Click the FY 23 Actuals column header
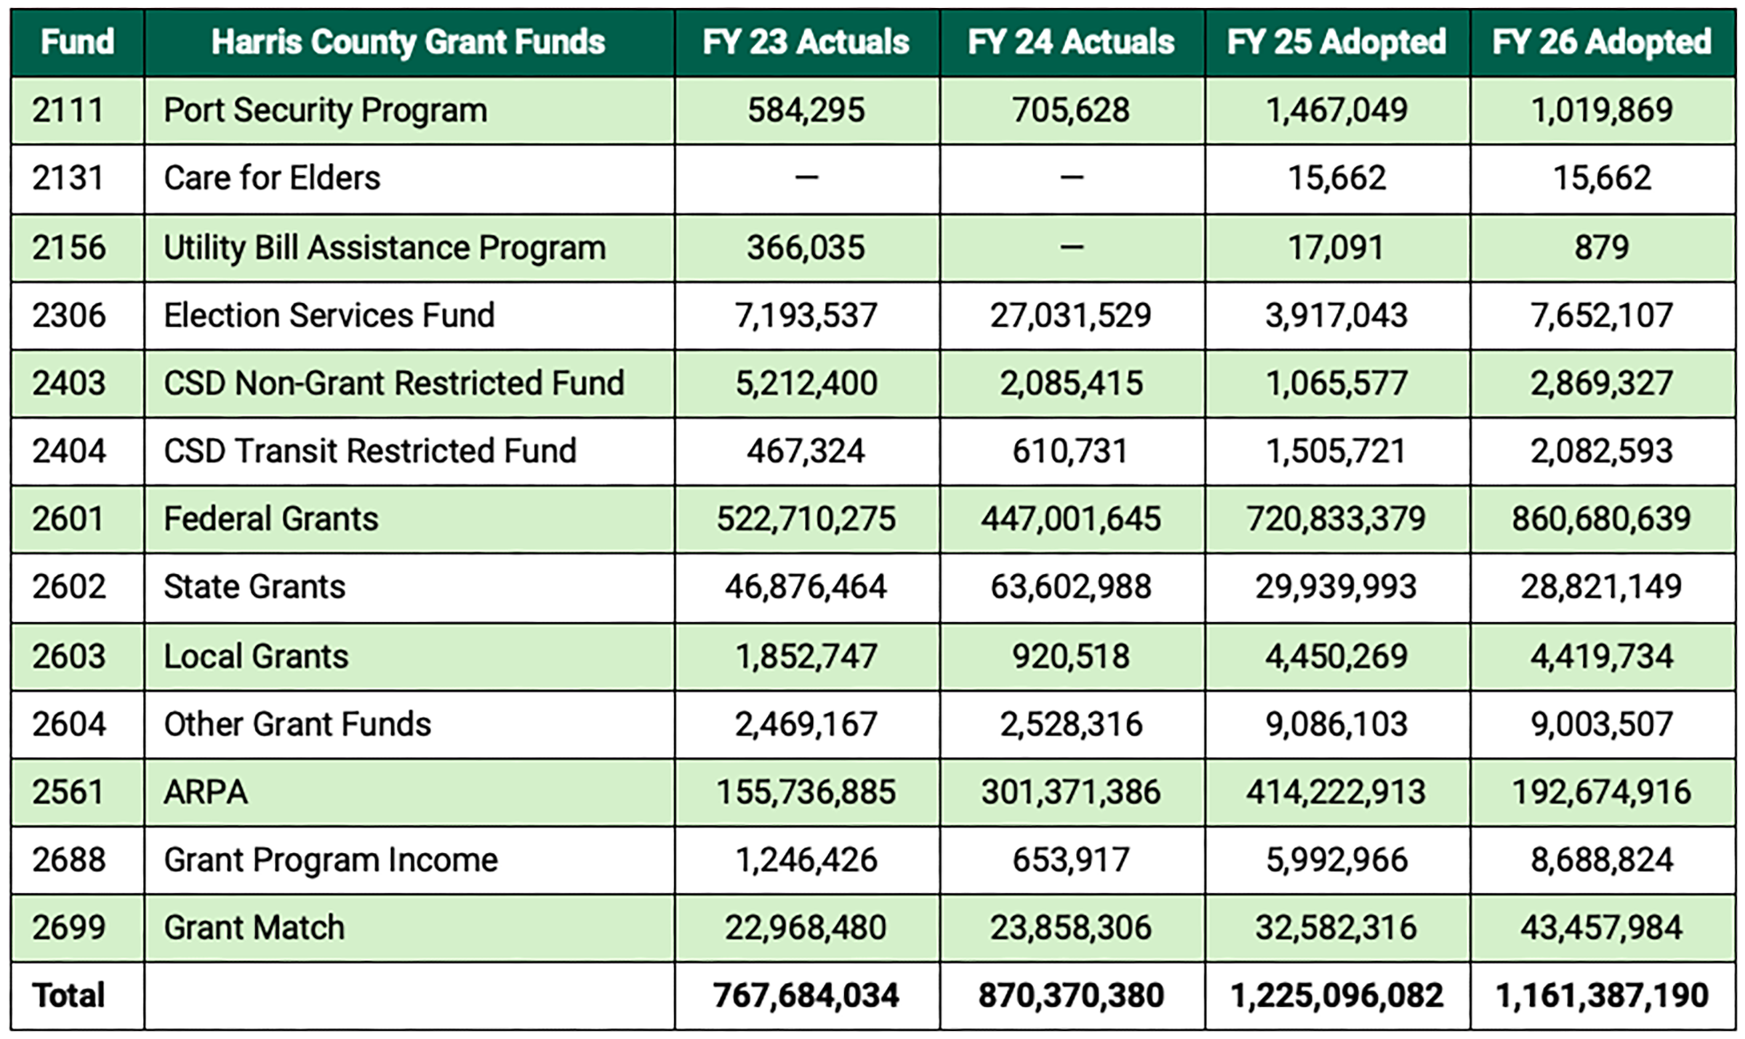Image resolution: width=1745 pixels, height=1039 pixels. [806, 42]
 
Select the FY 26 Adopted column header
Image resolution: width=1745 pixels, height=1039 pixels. [1602, 42]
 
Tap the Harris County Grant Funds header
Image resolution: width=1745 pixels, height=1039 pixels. [408, 42]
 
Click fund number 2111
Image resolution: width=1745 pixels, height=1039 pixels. [68, 110]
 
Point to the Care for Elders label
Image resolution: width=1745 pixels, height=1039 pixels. [272, 178]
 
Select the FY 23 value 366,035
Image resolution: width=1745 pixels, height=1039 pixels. [806, 247]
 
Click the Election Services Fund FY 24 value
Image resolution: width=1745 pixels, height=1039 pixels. [1070, 316]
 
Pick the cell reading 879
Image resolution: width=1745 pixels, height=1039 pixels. [1602, 247]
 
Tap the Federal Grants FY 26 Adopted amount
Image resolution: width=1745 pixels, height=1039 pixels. [1602, 519]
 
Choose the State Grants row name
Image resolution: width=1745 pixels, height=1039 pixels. [254, 587]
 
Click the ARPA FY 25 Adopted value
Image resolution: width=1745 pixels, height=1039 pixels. [1336, 792]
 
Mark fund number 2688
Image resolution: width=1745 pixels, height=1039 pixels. [68, 860]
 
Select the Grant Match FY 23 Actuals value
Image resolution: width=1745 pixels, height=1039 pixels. [806, 928]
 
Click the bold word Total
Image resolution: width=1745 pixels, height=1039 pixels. [68, 995]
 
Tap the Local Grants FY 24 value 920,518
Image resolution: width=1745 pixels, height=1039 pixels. [1070, 656]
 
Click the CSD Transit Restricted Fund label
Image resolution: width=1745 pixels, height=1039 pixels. [370, 451]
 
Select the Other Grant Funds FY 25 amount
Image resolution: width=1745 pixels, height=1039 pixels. [1336, 724]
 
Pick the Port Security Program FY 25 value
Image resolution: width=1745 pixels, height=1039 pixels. [1336, 110]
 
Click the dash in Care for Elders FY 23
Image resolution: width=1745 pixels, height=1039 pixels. [806, 177]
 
